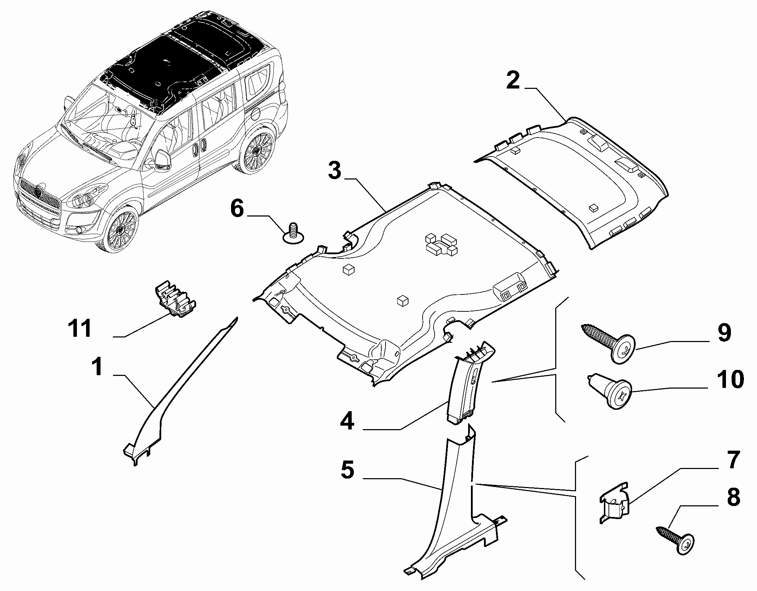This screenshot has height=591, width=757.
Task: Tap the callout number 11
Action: [x=80, y=329]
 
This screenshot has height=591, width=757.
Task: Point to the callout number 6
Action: [x=237, y=208]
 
